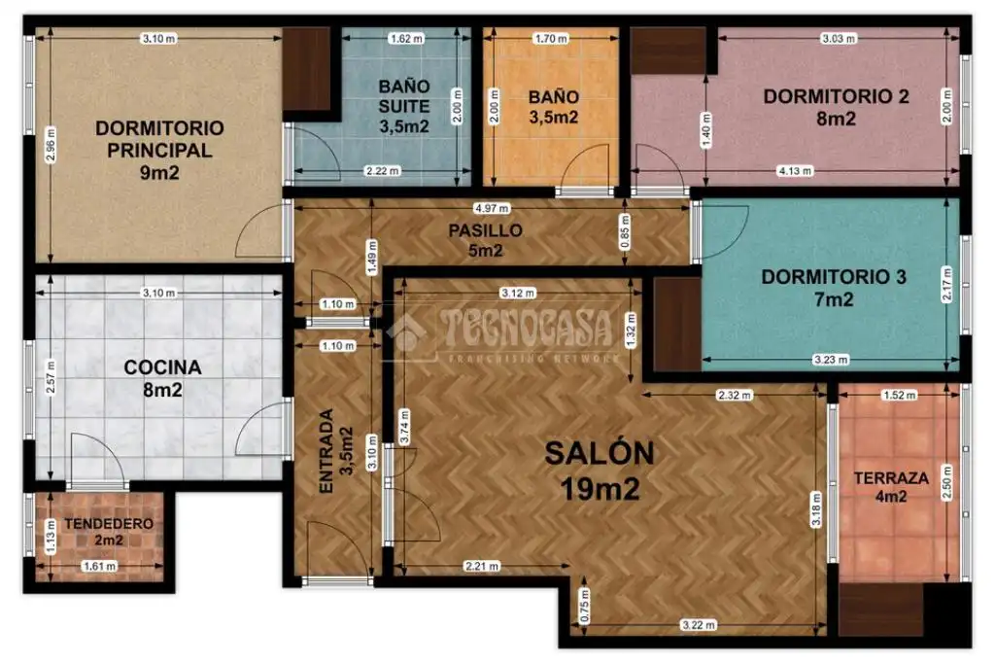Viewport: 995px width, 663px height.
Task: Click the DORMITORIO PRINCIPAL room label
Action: click(159, 150)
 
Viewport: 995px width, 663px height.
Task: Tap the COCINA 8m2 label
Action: click(162, 378)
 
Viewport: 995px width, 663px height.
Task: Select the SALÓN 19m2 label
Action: click(600, 471)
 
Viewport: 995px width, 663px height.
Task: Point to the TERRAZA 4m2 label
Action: click(891, 486)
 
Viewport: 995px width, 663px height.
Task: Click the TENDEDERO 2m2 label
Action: click(109, 532)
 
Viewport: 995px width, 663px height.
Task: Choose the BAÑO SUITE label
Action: click(404, 96)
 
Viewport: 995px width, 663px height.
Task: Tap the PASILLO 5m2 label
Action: click(486, 240)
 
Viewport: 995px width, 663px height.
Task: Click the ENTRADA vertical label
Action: click(326, 451)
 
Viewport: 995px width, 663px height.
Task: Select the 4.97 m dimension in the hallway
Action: click(492, 208)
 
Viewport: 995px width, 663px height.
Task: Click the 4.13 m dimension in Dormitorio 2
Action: click(795, 171)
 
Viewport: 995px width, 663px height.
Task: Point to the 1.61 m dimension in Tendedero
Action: click(100, 566)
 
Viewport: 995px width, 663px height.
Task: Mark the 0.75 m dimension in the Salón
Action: click(584, 606)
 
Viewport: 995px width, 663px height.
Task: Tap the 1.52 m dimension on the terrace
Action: click(899, 395)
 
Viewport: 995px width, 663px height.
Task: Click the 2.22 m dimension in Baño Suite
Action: click(382, 171)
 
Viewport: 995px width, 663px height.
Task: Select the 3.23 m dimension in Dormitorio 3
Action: click(831, 360)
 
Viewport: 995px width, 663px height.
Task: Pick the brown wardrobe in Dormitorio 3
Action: click(677, 324)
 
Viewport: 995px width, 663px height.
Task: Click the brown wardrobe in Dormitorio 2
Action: click(669, 51)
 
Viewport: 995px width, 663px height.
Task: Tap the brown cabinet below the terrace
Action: click(880, 610)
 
